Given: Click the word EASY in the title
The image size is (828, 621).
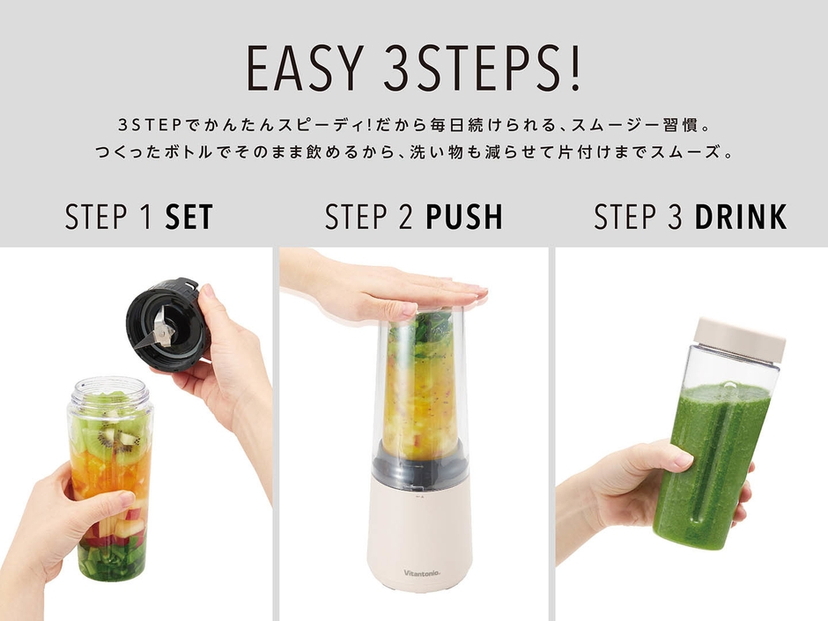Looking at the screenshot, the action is (x=304, y=69).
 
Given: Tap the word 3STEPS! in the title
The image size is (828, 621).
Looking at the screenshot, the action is (x=482, y=69).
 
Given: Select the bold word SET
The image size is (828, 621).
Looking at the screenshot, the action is (x=189, y=217).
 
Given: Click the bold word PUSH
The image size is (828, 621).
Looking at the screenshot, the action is (x=465, y=217).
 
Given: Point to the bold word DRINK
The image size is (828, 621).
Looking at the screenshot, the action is (x=740, y=217).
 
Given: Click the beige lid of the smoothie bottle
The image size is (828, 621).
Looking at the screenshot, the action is (x=740, y=341).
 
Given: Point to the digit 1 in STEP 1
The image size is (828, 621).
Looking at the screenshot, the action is (x=147, y=217).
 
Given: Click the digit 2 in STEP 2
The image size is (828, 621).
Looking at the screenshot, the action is (x=405, y=217).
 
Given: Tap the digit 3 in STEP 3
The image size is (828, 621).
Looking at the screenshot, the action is (x=675, y=217).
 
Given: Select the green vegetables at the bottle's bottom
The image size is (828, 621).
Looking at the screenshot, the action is (x=112, y=559).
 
